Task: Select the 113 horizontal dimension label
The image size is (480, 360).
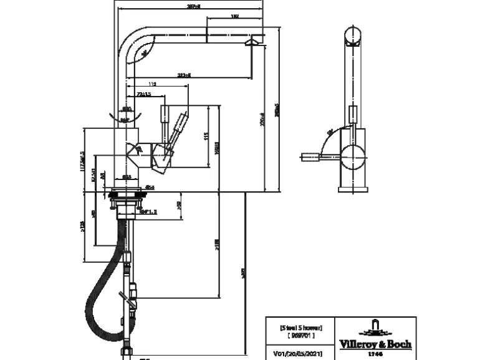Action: [152, 83]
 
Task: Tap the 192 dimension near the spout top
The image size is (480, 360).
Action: [234, 17]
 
